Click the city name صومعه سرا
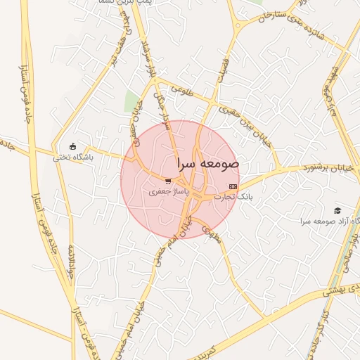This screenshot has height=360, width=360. point(210,162)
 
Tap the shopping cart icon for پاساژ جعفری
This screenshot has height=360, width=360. point(168,181)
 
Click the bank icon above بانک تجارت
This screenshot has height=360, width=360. point(233,186)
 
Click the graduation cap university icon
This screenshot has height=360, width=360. point(337,210)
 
